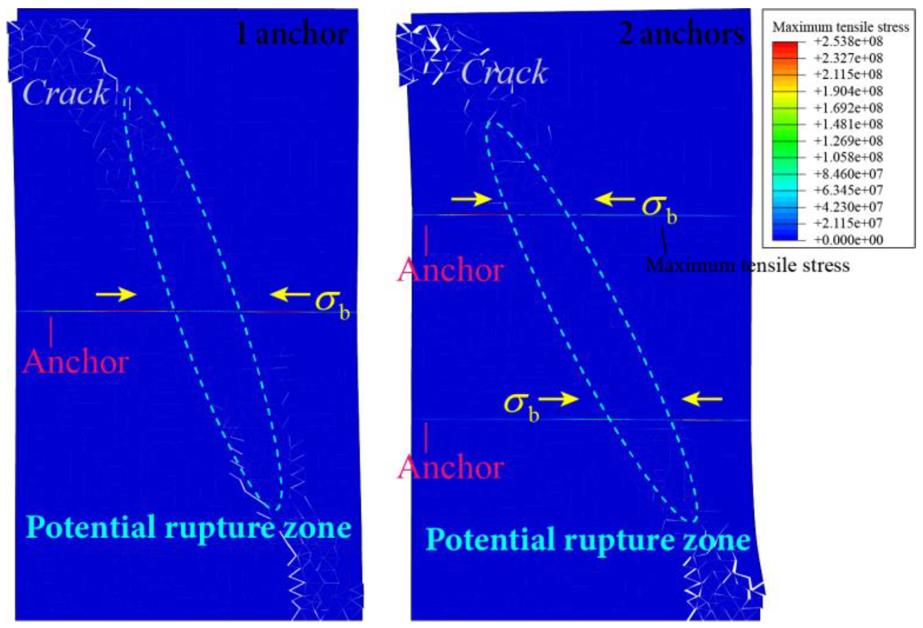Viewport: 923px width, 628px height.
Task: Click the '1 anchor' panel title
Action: (293, 34)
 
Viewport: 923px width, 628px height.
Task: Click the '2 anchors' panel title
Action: (681, 34)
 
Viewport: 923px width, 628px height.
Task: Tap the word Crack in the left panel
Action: (66, 93)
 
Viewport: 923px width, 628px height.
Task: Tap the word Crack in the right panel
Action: (504, 72)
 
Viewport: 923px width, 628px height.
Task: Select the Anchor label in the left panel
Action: (76, 361)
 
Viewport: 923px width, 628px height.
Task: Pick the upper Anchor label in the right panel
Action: (451, 270)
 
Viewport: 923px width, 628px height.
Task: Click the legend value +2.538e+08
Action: (848, 42)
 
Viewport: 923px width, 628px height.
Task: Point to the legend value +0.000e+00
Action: (848, 240)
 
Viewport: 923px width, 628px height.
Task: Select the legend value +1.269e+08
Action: (848, 141)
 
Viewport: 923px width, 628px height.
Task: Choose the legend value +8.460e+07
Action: (848, 174)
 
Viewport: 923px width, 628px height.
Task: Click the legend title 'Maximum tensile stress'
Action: (841, 27)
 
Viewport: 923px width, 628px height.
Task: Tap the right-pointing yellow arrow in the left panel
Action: (116, 295)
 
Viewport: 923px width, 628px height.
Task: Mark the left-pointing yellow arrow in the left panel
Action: (290, 295)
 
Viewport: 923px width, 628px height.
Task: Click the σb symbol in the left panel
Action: (332, 303)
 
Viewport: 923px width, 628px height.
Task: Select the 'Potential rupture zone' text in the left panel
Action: (188, 527)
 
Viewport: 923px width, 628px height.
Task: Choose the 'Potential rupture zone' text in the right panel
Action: (588, 540)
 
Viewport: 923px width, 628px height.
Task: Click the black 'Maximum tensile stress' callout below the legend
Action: (747, 265)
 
